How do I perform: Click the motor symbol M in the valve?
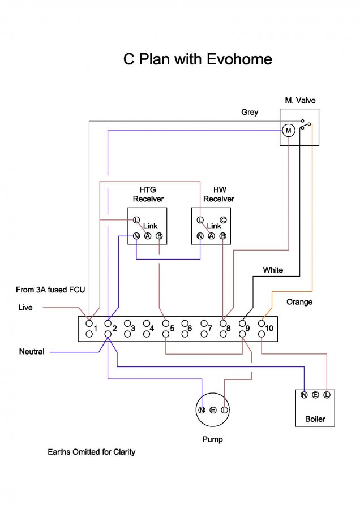point(289,131)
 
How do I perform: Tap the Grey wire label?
point(250,112)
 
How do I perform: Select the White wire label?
point(273,270)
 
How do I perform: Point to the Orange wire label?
point(299,302)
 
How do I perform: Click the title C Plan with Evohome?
point(198,59)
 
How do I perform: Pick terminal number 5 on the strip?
point(172,328)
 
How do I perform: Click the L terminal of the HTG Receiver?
point(136,219)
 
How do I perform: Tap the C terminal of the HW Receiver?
point(223,220)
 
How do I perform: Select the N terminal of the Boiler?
point(304,395)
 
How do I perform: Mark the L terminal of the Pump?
point(224,409)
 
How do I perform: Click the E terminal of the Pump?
point(213,409)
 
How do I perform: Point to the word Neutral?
point(32,352)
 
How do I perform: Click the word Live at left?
point(25,308)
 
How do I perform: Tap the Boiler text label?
point(315,420)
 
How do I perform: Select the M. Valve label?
point(300,100)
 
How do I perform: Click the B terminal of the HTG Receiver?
point(159,236)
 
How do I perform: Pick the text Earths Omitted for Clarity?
point(92,452)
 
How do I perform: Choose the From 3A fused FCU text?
point(46,290)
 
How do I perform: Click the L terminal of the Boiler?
point(326,395)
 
